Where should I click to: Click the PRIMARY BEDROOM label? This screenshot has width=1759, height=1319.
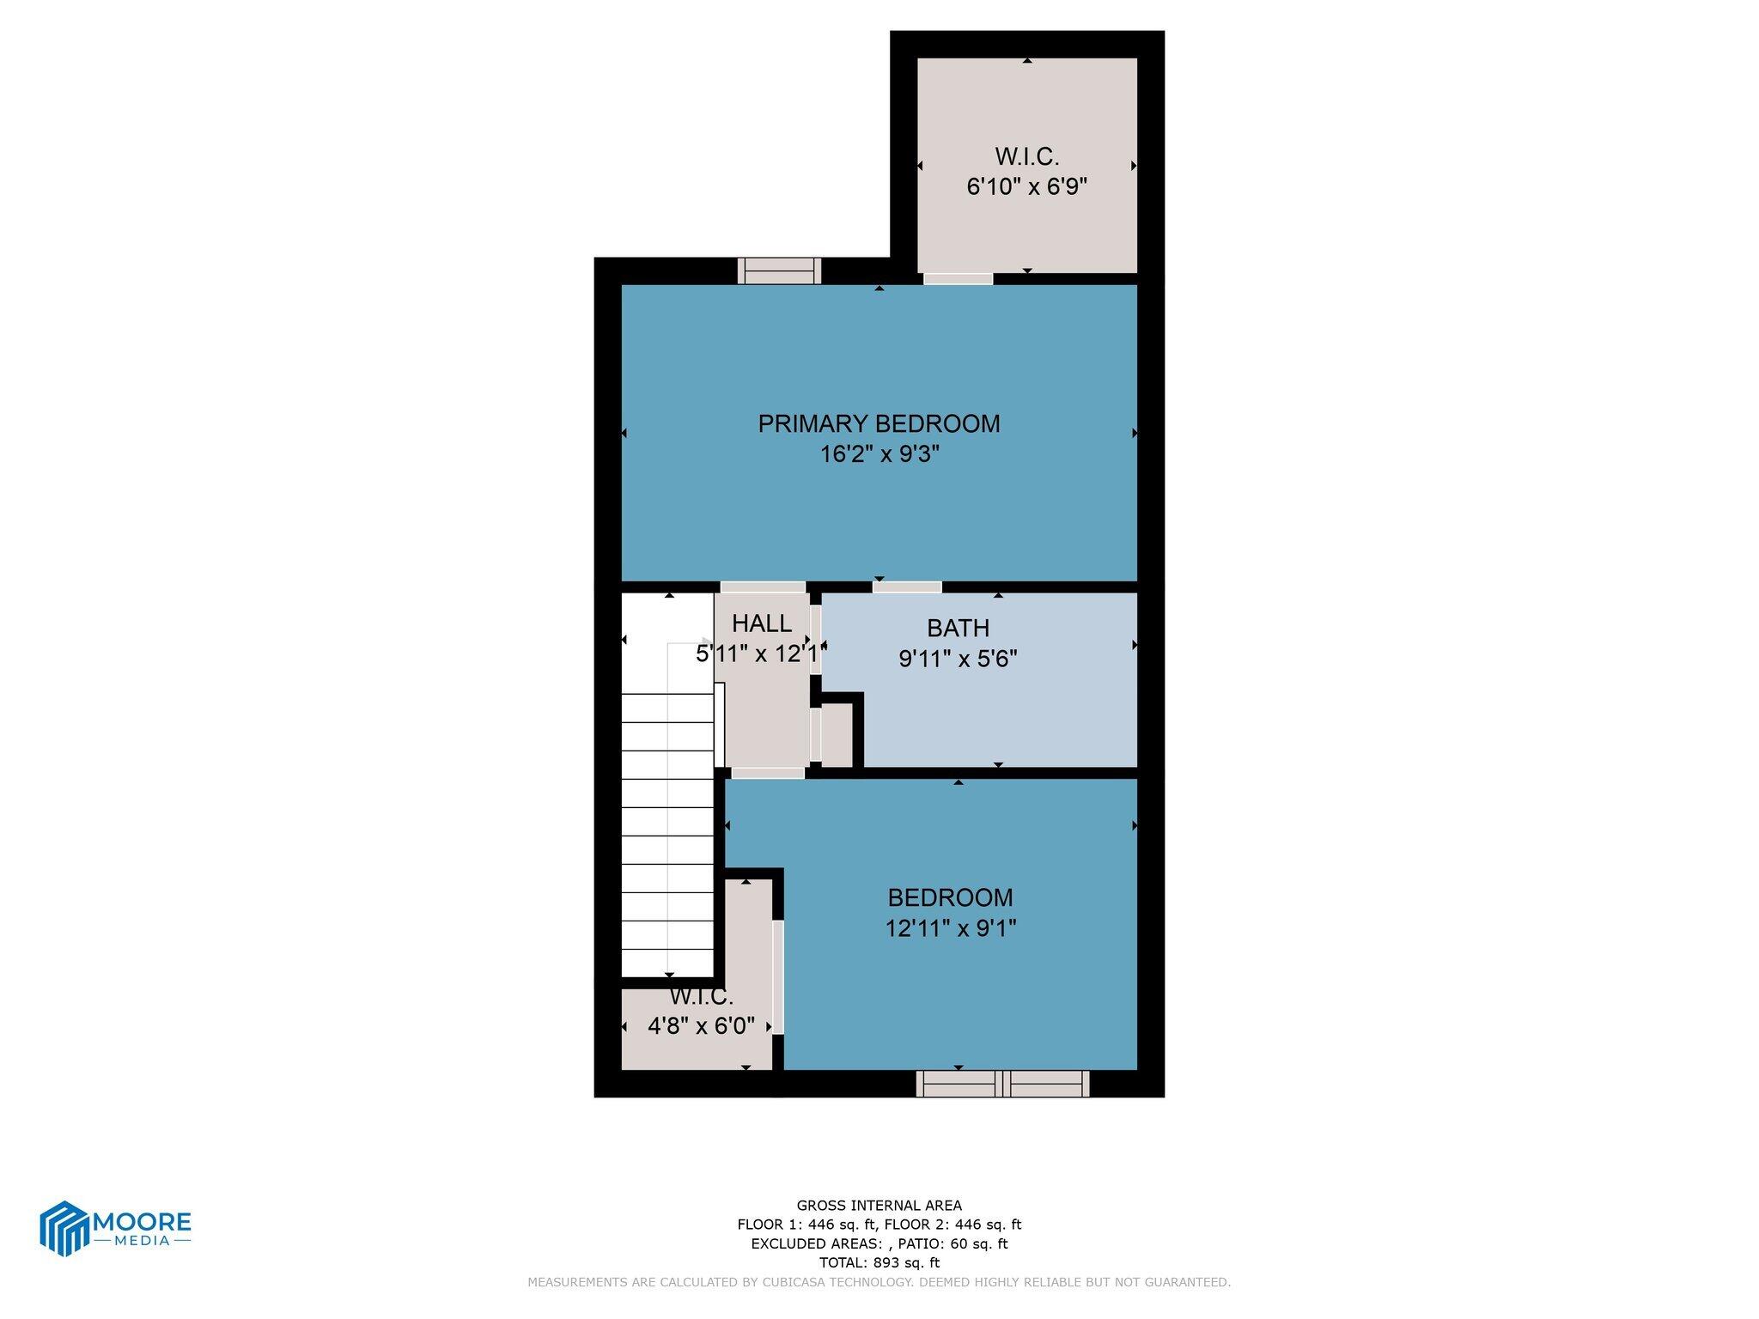(879, 423)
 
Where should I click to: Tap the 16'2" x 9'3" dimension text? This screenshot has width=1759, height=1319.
(879, 454)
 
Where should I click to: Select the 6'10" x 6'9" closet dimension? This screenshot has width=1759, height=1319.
(1027, 186)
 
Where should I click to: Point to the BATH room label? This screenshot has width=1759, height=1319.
(958, 628)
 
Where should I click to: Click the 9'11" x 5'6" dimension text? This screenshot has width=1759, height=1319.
(958, 659)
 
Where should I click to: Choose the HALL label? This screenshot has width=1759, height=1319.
(762, 623)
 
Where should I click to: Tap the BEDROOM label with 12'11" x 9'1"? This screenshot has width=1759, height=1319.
(950, 897)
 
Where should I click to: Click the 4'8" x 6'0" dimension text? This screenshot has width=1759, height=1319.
(701, 1025)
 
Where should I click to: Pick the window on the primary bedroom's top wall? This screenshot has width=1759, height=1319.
(779, 270)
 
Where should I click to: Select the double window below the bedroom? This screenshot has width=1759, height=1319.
(1002, 1084)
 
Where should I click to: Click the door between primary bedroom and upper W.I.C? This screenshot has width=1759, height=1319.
(958, 278)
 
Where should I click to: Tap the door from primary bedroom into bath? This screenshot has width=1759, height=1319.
(907, 587)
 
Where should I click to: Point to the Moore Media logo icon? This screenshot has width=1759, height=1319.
(64, 1228)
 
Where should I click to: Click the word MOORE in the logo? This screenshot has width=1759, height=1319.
(142, 1221)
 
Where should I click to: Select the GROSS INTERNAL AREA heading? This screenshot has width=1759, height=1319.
(879, 1206)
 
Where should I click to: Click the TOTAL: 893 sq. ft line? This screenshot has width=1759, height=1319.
(879, 1262)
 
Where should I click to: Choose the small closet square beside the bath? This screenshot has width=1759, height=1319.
(837, 735)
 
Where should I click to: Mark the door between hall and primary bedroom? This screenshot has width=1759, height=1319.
(763, 587)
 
